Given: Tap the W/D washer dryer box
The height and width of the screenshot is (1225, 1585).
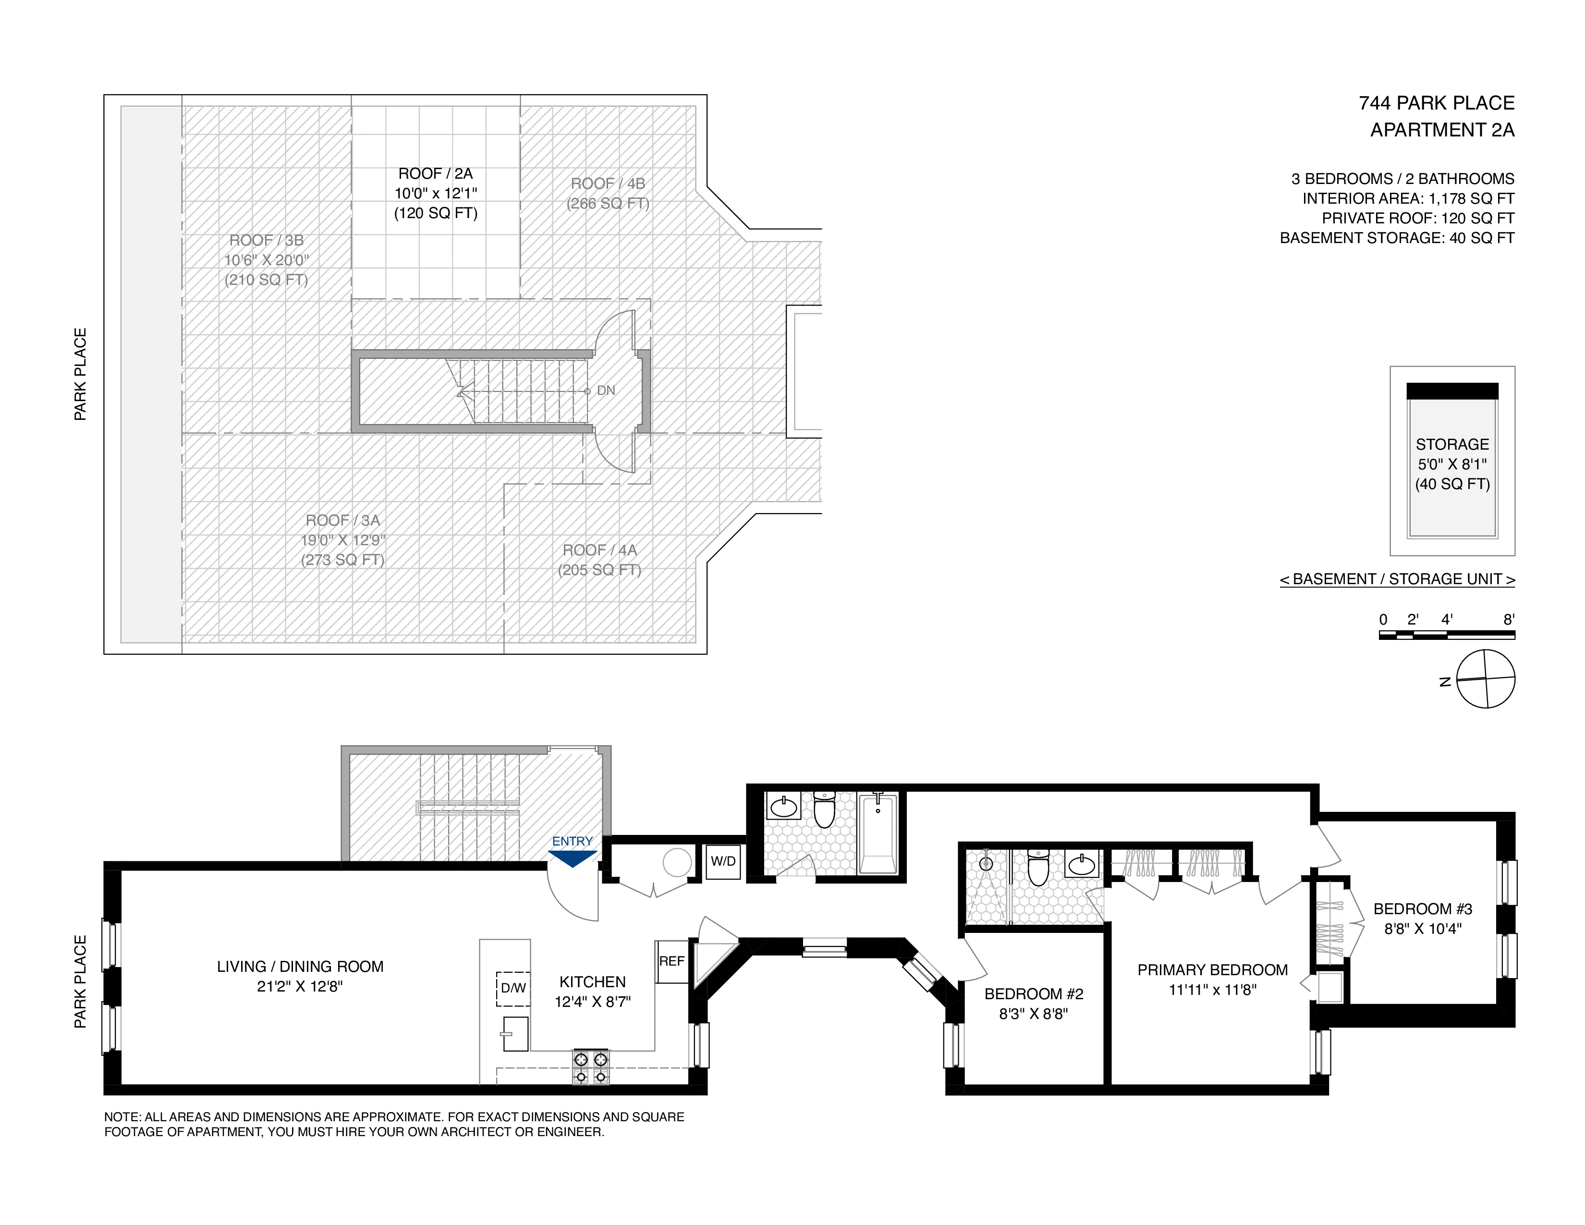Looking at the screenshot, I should pyautogui.click(x=723, y=861).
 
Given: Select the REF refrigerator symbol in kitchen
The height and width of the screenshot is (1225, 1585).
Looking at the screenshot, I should pyautogui.click(x=671, y=962).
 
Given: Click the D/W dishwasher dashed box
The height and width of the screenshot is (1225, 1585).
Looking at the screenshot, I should pyautogui.click(x=513, y=989).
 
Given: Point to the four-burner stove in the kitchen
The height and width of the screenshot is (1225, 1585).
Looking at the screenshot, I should pyautogui.click(x=591, y=1067).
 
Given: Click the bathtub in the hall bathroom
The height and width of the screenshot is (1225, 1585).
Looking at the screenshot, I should pyautogui.click(x=878, y=834).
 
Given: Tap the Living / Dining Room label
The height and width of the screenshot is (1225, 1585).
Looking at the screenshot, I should pyautogui.click(x=300, y=967).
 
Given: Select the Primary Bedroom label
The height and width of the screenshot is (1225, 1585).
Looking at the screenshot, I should pyautogui.click(x=1212, y=970).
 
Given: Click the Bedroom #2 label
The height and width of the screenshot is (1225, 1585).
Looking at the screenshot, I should pyautogui.click(x=1034, y=994).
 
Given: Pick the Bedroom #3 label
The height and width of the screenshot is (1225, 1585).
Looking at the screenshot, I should pyautogui.click(x=1423, y=909).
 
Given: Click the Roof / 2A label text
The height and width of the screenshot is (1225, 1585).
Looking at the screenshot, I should pyautogui.click(x=436, y=173).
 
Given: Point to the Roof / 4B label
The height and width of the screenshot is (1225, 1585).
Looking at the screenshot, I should pyautogui.click(x=608, y=184).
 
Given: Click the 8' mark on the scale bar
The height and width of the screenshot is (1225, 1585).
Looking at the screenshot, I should pyautogui.click(x=1509, y=620).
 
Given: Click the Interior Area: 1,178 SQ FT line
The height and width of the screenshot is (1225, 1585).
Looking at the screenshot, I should pyautogui.click(x=1408, y=198).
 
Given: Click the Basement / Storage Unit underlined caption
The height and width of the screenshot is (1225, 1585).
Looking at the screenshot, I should pyautogui.click(x=1397, y=579).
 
